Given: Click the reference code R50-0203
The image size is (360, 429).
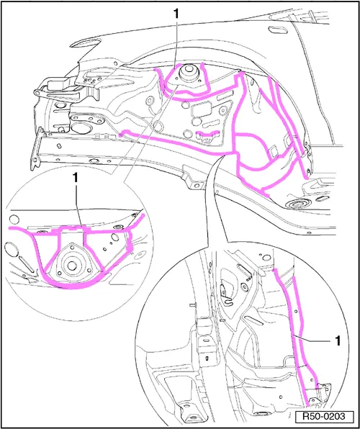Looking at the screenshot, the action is (x=324, y=417).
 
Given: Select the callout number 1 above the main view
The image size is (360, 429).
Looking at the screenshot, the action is (x=176, y=14).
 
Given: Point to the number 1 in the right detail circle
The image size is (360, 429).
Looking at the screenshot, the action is (x=338, y=341).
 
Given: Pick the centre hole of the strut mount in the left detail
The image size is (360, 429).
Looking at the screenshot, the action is (x=71, y=266).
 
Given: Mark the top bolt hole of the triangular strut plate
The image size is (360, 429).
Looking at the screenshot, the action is (x=72, y=247).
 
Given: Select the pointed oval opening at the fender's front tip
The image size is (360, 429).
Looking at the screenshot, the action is (x=85, y=43).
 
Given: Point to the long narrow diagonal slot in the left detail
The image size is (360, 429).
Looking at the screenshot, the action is (x=27, y=264).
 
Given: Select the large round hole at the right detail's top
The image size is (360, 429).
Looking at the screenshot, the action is (x=265, y=258).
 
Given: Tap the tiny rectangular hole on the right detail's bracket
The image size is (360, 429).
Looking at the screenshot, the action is (x=207, y=357).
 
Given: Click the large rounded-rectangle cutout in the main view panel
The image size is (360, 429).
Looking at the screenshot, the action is (x=201, y=108).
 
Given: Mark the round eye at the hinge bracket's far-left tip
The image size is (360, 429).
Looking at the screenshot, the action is (x=37, y=92).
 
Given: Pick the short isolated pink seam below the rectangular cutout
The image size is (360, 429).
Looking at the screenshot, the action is (x=209, y=134).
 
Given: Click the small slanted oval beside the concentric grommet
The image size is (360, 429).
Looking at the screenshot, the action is (x=323, y=198).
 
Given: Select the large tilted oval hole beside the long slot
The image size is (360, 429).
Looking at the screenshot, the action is (x=11, y=250).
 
